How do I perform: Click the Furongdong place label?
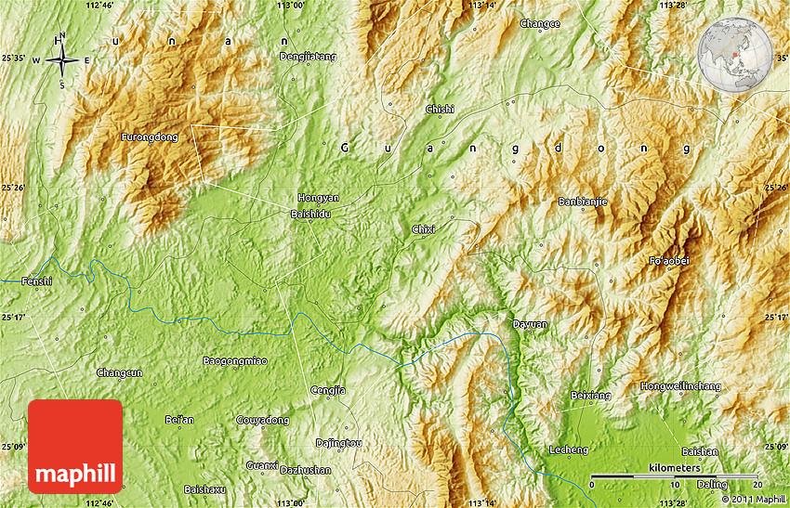[149, 137]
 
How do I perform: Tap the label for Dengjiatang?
[308, 57]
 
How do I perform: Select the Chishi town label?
[440, 109]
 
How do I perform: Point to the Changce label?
[540, 24]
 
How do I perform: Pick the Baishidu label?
[310, 214]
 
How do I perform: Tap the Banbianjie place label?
[583, 201]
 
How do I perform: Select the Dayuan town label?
[530, 324]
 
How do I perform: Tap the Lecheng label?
[569, 449]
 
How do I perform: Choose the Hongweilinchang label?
[679, 385]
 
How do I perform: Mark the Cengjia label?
[328, 390]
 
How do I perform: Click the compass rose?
[61, 61]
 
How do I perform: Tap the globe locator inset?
[735, 57]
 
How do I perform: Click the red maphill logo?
[75, 447]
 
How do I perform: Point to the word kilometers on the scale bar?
[676, 468]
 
